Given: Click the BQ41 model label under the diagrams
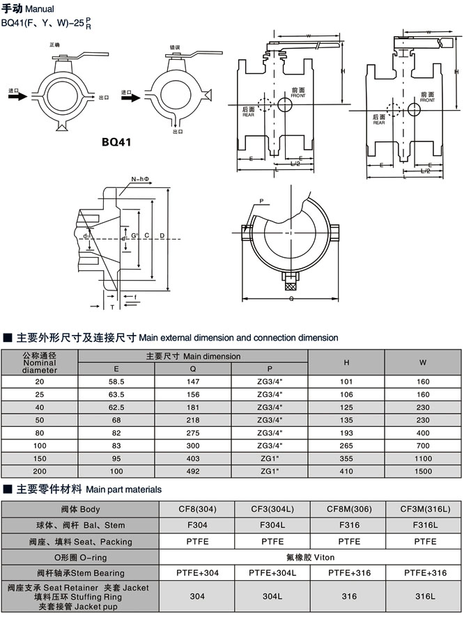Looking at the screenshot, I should point(116,143).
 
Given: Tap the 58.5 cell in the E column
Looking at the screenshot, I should point(116,382).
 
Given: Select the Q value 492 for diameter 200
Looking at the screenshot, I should point(193,471).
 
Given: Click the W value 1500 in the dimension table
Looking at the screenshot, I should point(423,471).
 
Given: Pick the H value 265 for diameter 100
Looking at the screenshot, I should point(346,446).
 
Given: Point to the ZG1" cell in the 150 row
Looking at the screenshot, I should point(270,458).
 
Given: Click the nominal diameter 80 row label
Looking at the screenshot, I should point(39,433).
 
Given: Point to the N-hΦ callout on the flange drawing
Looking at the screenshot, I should point(139,179).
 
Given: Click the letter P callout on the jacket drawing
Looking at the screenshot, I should point(261,201).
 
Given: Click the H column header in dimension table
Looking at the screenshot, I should point(346,362).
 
